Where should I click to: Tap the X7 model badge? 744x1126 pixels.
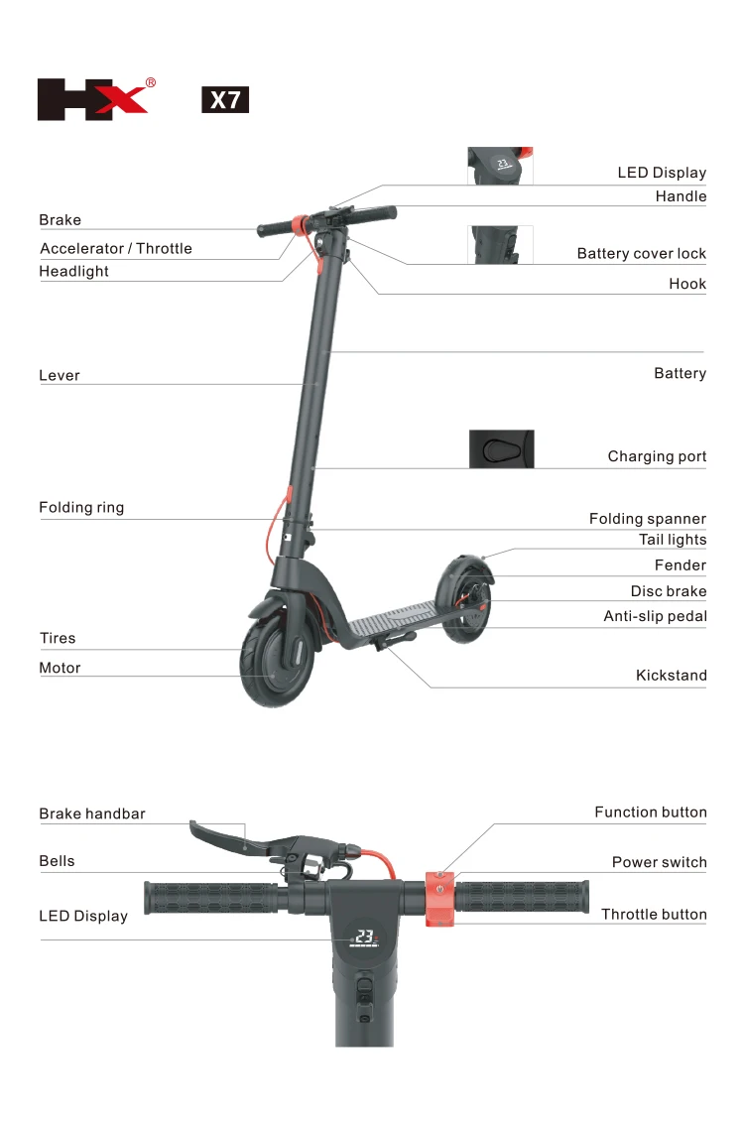coord(225,100)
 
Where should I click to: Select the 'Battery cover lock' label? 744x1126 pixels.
coord(641,254)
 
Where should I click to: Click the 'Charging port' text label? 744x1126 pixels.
coord(657,456)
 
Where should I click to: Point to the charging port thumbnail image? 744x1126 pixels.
coord(501,448)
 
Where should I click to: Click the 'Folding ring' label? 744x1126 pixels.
coord(81,508)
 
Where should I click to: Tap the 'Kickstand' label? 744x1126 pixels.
coord(671,676)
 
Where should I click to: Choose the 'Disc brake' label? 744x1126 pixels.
coord(669,591)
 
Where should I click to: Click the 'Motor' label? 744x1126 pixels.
coord(60,668)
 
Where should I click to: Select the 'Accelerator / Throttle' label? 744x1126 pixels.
coord(115,248)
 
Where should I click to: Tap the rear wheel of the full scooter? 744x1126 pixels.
coord(464,600)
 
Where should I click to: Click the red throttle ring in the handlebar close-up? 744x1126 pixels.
coord(439,899)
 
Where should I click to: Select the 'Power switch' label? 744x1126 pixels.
coord(659,862)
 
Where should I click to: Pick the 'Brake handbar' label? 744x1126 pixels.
coord(92,813)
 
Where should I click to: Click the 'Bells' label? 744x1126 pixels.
coord(57,861)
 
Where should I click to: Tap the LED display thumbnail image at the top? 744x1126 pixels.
coord(500,166)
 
